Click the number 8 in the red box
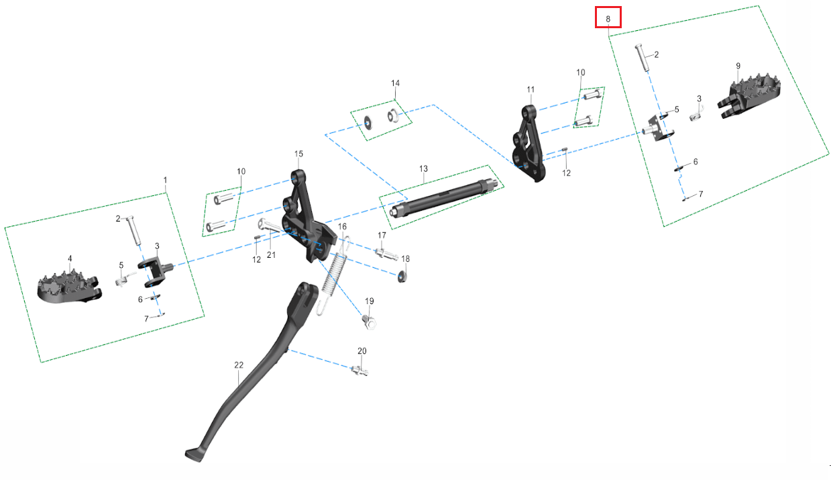[608, 19]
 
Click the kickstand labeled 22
[252, 371]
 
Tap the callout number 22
[239, 365]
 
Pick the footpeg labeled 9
[749, 95]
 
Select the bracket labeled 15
[310, 215]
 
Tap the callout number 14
[396, 83]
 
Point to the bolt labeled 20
[359, 371]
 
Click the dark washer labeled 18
[402, 277]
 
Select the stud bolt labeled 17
[386, 254]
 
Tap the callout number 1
[166, 180]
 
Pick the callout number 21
[271, 255]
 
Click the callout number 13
[423, 169]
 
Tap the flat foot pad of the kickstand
[194, 455]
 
